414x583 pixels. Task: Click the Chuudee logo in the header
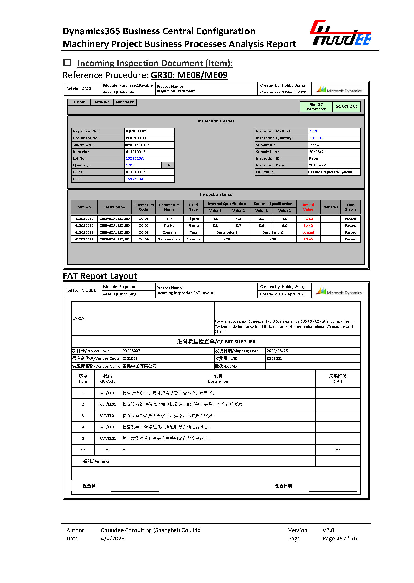coord(341,33)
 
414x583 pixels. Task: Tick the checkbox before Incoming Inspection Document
coord(67,63)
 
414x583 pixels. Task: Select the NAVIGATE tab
coord(125,102)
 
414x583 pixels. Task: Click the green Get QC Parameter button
coord(316,107)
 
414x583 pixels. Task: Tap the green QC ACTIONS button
coord(346,107)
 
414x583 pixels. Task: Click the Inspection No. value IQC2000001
coord(136,131)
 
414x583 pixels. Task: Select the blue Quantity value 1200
coord(130,165)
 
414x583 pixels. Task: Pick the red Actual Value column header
coord(308,207)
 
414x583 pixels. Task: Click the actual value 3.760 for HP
coord(308,219)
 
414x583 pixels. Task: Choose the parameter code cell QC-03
coord(143,232)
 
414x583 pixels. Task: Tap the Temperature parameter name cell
coord(169,239)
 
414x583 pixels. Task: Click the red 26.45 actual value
coord(308,239)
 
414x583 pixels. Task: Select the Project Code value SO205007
coord(131,351)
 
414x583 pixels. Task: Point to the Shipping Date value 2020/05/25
coord(277,351)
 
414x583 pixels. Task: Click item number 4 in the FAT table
coord(83,427)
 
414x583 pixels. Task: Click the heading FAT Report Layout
coord(100,276)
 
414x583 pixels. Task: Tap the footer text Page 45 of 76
coord(340,539)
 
